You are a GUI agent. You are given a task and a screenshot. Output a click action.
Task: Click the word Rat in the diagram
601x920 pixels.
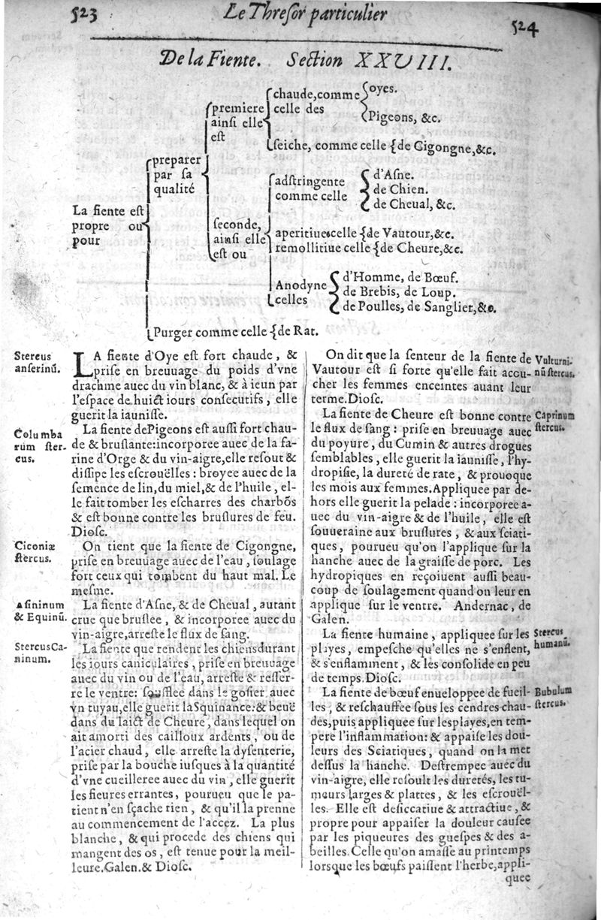(309, 328)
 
